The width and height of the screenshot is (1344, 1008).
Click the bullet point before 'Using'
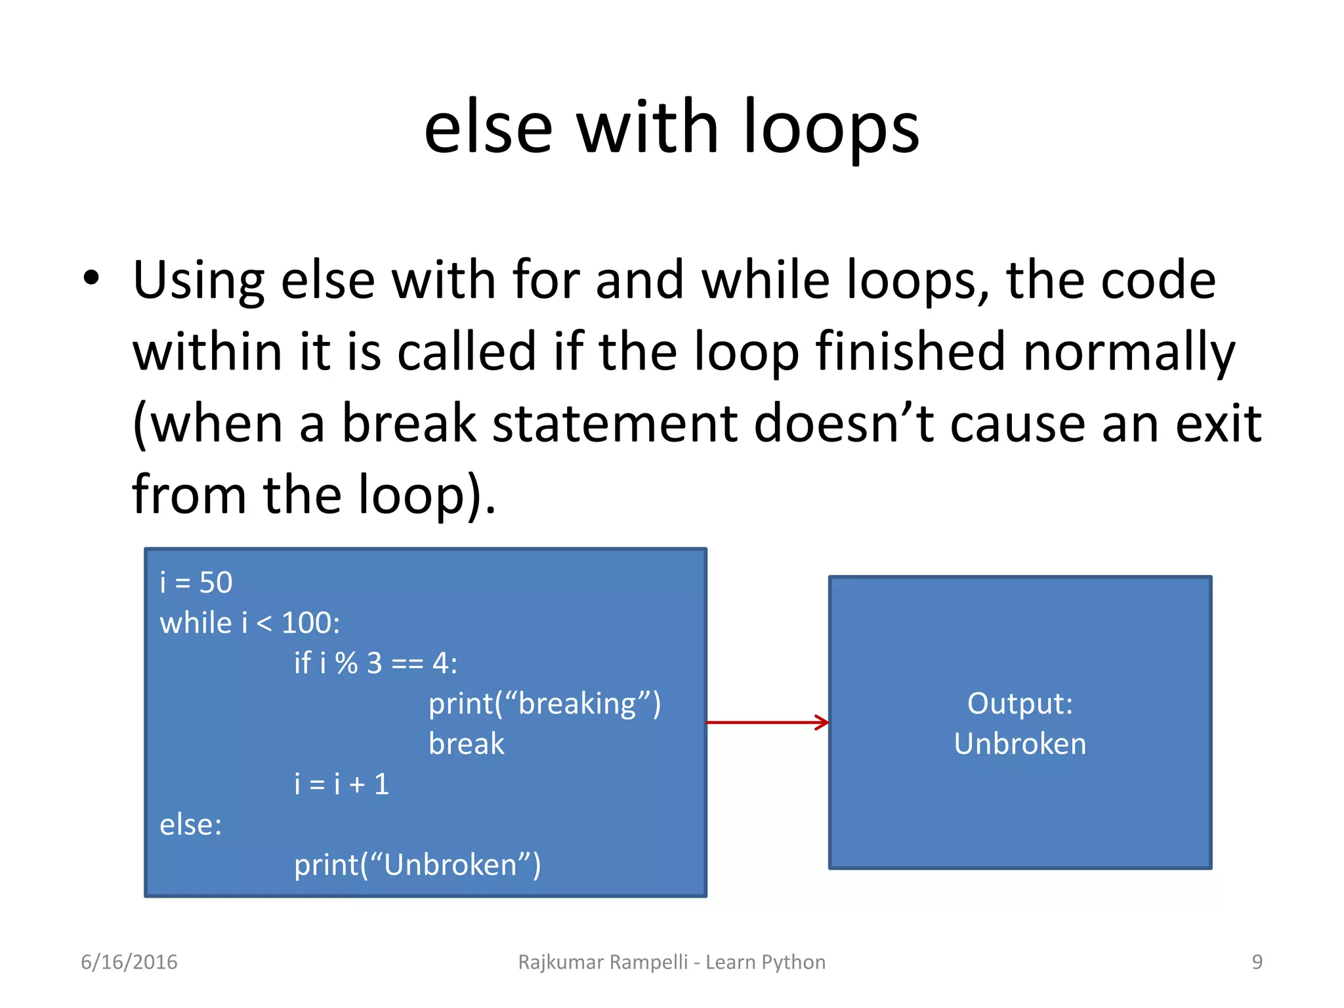(91, 278)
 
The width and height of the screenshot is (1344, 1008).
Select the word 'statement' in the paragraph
(615, 424)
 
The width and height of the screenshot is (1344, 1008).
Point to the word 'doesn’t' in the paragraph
(844, 424)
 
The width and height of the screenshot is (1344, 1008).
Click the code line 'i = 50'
(196, 583)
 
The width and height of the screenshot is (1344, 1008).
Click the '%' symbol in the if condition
(346, 663)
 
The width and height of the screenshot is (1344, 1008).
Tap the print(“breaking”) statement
(545, 704)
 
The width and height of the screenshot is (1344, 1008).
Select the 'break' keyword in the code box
(466, 744)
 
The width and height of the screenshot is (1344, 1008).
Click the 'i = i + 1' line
(341, 784)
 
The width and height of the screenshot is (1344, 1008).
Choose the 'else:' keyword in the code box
(191, 825)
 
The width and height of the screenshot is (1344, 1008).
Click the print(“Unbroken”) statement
(417, 865)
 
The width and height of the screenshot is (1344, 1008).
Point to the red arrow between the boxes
(767, 723)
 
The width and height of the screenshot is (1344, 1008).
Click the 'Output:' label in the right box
(1020, 703)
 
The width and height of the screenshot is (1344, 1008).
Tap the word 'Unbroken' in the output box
(1020, 744)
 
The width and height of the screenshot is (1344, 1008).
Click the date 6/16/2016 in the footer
(129, 962)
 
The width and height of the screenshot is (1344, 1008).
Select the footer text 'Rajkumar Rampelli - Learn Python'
(672, 962)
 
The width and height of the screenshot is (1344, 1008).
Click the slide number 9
(1257, 962)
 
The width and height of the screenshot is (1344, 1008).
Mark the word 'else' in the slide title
(489, 128)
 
